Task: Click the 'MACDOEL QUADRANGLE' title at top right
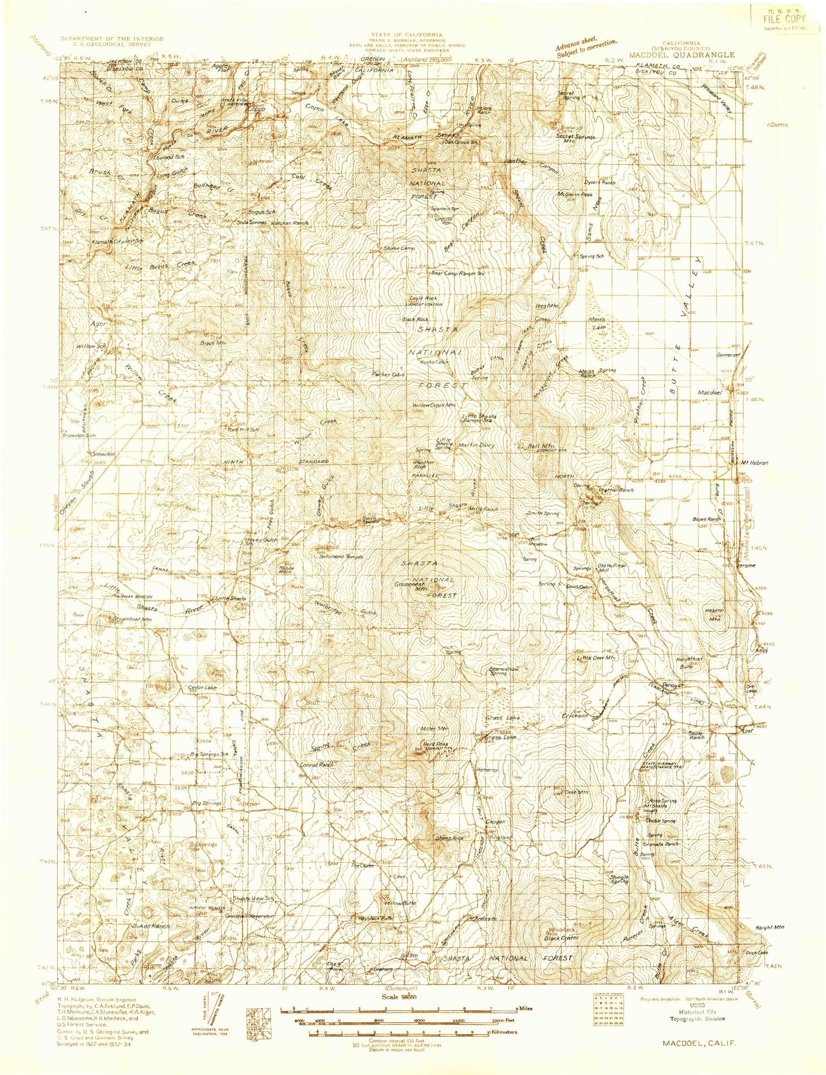tap(681, 55)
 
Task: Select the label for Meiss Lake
tap(597, 323)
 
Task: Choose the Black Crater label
tap(561, 937)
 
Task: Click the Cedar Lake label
tap(203, 688)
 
